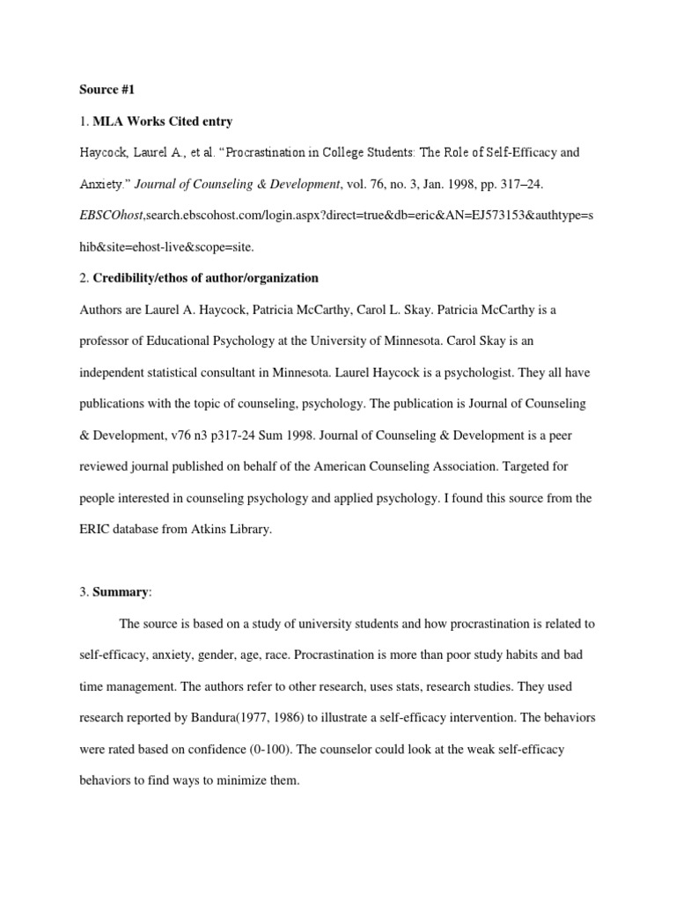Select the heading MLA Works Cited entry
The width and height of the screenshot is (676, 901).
tap(163, 121)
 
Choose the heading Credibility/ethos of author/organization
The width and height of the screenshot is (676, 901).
tap(206, 278)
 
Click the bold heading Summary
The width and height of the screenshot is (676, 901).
tap(121, 592)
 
